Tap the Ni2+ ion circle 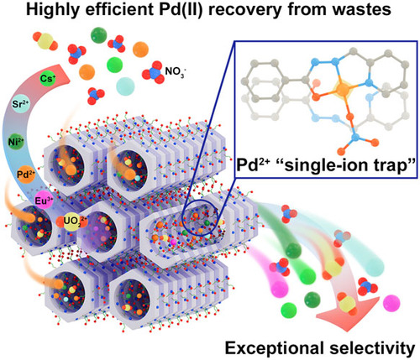point(16,142)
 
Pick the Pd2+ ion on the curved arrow point(26,175)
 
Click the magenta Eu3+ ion point(44,201)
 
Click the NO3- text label point(176,72)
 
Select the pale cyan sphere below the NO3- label point(125,86)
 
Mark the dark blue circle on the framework point(200,218)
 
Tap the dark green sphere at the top point(99,35)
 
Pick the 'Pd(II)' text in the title point(182,9)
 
